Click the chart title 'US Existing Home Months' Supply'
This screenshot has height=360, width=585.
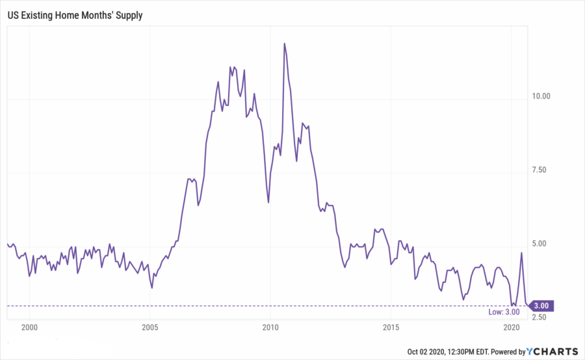point(75,13)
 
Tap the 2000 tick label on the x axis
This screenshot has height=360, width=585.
point(29,326)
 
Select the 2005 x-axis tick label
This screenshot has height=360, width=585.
point(149,326)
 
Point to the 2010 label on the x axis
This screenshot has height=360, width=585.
point(270,326)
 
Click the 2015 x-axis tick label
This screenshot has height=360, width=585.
point(390,326)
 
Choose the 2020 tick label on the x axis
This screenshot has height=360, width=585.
point(511,326)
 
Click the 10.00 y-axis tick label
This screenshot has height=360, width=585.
point(541,96)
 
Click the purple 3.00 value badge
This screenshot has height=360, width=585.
point(542,305)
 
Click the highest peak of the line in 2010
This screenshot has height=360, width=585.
point(285,44)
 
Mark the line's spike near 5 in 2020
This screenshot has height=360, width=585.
point(521,253)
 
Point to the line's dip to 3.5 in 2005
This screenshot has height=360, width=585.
point(152,287)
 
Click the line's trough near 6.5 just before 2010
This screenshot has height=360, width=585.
point(268,203)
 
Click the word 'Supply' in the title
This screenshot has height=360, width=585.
point(128,13)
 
